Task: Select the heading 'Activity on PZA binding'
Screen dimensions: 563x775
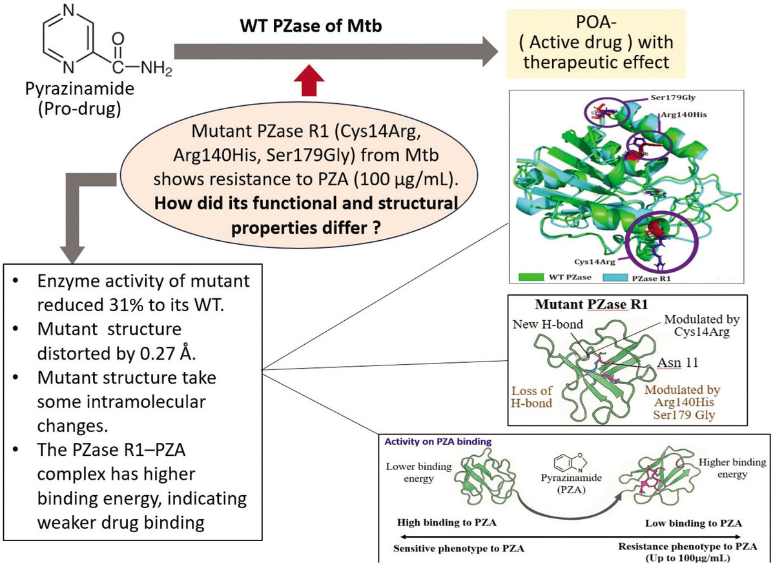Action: click(438, 442)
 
